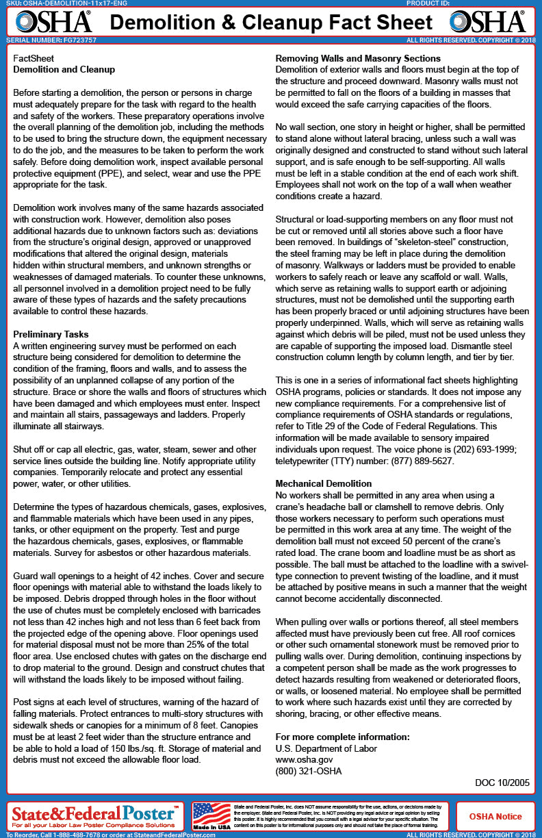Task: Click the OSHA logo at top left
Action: [x=53, y=22]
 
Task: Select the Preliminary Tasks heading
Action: [x=51, y=334]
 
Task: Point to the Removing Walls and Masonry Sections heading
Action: [x=358, y=58]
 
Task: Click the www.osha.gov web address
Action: [x=304, y=759]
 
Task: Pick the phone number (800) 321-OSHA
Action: [x=308, y=771]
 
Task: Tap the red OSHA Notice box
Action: [x=495, y=816]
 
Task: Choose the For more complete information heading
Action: [x=342, y=737]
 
